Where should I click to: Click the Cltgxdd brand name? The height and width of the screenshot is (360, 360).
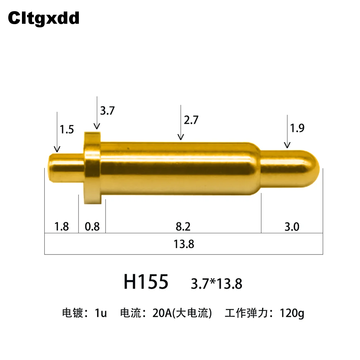pyautogui.click(x=44, y=18)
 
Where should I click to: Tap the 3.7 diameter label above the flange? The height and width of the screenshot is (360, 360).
pyautogui.click(x=107, y=111)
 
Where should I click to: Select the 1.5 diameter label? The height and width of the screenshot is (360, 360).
pyautogui.click(x=67, y=129)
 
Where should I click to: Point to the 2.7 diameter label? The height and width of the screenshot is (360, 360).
pyautogui.click(x=191, y=120)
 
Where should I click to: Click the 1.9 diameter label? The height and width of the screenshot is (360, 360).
pyautogui.click(x=297, y=128)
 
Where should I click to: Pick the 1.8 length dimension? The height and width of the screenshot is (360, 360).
pyautogui.click(x=62, y=226)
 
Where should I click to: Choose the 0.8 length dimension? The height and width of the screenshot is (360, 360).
pyautogui.click(x=92, y=226)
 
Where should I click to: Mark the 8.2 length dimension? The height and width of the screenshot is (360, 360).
pyautogui.click(x=183, y=226)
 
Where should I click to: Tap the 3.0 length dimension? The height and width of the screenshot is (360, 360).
pyautogui.click(x=292, y=227)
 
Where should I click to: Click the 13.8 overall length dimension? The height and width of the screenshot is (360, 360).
pyautogui.click(x=184, y=244)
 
